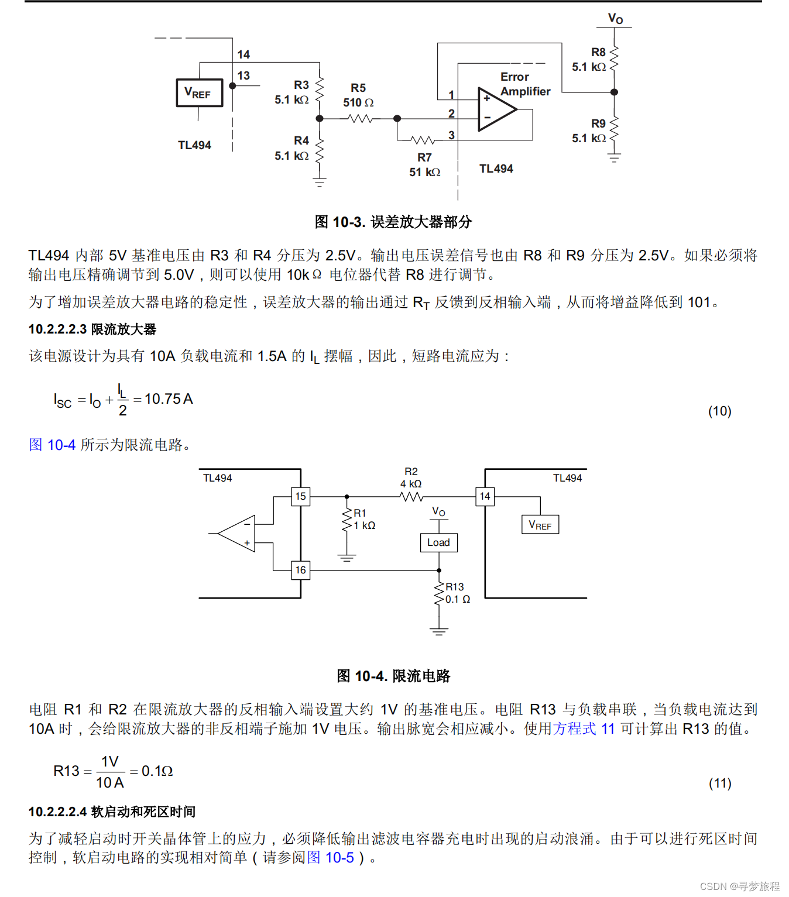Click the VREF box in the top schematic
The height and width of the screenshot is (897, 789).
[199, 93]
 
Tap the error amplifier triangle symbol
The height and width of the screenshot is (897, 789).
[495, 109]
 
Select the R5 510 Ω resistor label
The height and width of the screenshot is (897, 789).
[358, 95]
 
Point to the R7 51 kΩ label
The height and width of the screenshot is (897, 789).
[424, 165]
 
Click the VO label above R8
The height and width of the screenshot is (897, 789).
[615, 18]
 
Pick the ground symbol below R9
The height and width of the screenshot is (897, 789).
[614, 157]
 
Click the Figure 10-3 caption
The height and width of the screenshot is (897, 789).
[393, 222]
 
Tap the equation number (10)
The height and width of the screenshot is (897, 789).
[719, 411]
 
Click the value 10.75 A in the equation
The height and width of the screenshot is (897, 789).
[169, 399]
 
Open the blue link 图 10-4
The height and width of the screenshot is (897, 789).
[52, 445]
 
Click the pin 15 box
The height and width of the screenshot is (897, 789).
[300, 496]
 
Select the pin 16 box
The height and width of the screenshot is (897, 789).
[300, 570]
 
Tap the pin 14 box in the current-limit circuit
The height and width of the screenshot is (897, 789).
[485, 496]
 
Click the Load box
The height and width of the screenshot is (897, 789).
[438, 542]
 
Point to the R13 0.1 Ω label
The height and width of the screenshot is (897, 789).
[457, 593]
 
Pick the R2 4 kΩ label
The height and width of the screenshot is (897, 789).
[411, 477]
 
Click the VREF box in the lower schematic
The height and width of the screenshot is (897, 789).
[540, 525]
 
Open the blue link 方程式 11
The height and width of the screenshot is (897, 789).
[584, 729]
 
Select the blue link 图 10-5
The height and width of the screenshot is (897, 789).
[331, 858]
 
